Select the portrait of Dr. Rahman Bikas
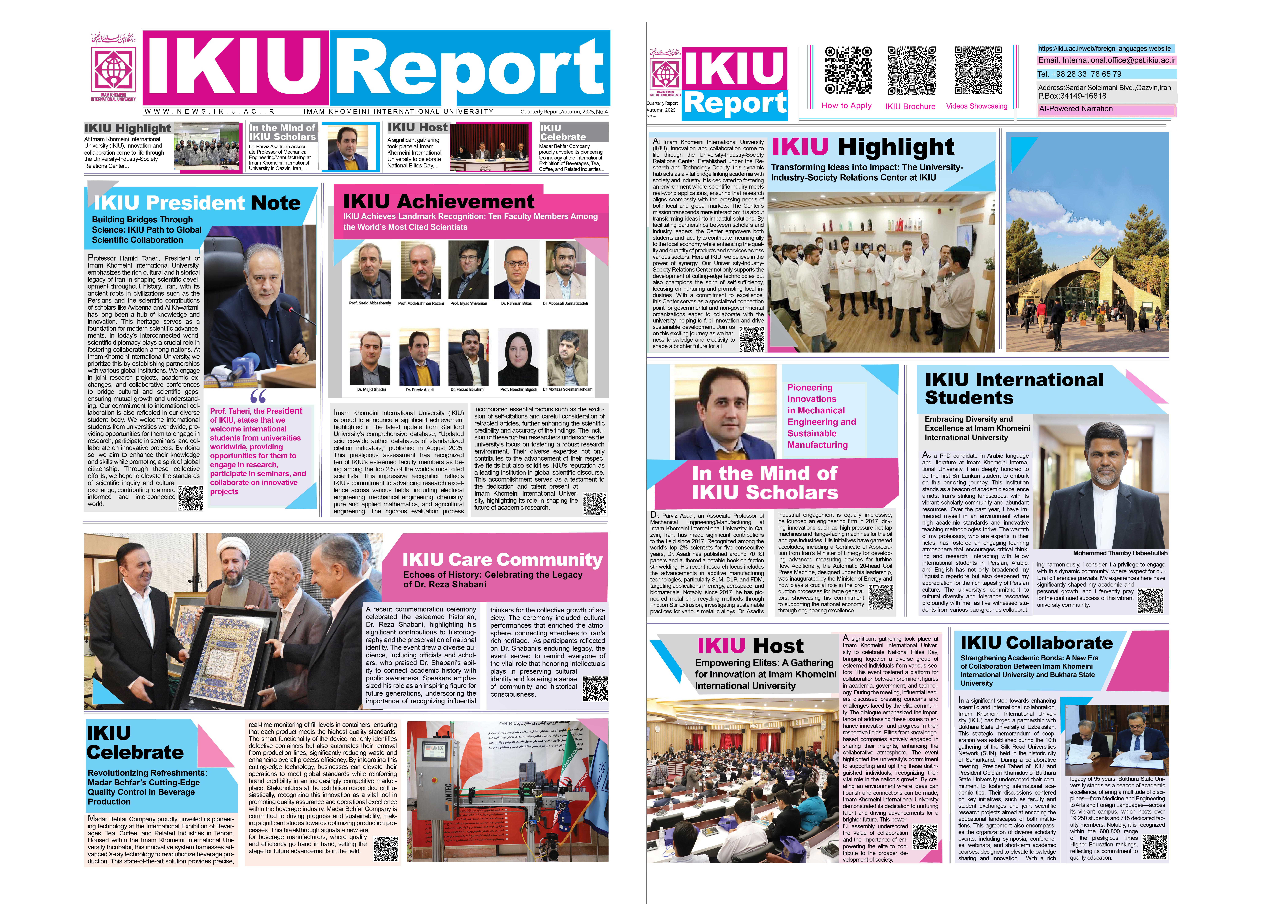pyautogui.click(x=516, y=270)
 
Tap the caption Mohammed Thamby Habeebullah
pyautogui.click(x=1120, y=553)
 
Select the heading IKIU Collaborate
pyautogui.click(x=1036, y=643)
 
